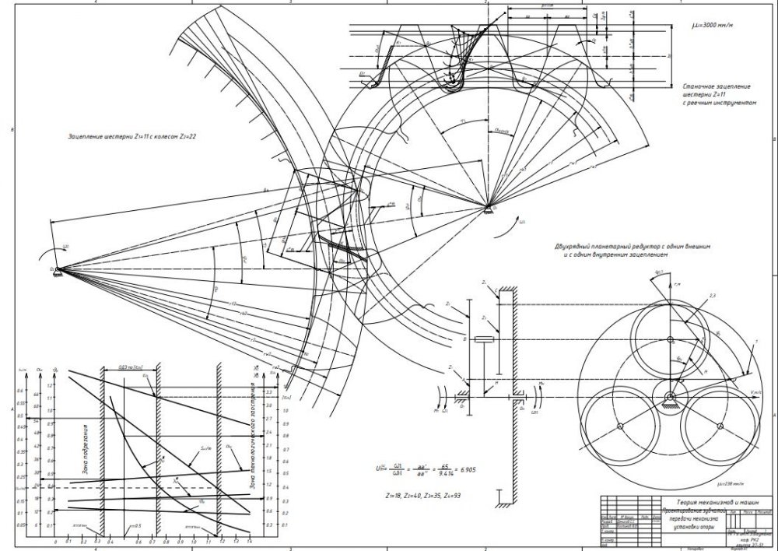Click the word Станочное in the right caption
coord(697,86)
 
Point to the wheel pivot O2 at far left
coord(56,269)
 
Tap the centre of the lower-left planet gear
coord(619,426)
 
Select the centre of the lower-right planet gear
coord(720,426)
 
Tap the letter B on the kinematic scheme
coord(464,339)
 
